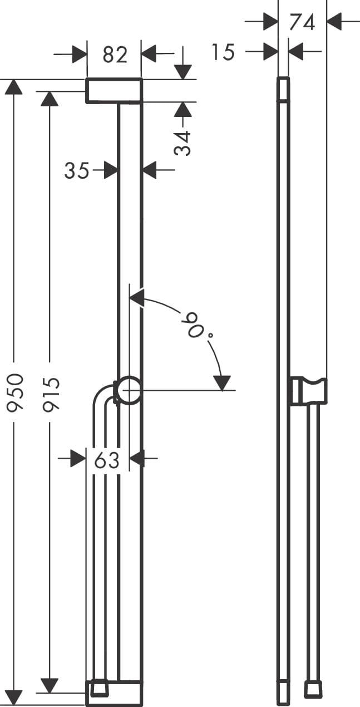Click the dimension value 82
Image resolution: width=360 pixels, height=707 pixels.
click(x=115, y=54)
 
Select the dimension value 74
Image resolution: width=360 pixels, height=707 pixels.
click(x=302, y=22)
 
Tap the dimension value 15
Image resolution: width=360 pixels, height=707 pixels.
click(x=223, y=52)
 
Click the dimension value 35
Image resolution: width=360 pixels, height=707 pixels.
click(x=77, y=170)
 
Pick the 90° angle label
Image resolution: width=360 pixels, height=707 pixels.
click(x=193, y=325)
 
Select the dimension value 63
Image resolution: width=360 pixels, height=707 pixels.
click(x=107, y=460)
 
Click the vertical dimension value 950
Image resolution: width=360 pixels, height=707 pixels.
click(x=15, y=393)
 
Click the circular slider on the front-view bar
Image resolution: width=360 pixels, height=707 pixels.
click(x=129, y=390)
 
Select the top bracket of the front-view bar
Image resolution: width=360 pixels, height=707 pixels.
click(x=114, y=91)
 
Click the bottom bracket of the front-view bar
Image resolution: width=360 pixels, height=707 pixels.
click(x=114, y=694)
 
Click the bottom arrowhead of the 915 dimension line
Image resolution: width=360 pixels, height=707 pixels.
click(x=50, y=685)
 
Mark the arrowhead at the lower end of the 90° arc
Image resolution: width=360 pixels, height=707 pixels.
click(x=221, y=383)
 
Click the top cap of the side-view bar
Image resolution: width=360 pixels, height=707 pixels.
click(x=284, y=90)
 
